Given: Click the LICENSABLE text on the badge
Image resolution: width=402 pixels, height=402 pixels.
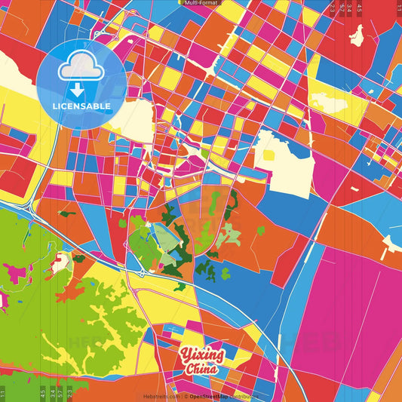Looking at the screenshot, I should (82, 106).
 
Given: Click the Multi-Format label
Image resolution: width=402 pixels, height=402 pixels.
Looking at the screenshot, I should (201, 3).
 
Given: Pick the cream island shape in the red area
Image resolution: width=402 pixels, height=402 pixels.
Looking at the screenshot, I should (357, 35).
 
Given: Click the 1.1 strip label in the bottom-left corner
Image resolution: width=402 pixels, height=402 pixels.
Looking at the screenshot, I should (3, 393).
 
